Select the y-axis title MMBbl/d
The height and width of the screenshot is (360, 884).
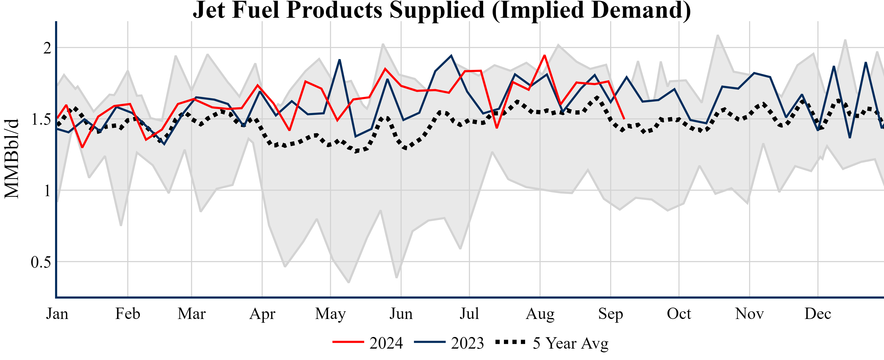[11, 159]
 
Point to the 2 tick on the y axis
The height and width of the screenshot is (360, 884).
[47, 48]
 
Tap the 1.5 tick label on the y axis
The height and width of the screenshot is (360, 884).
[41, 119]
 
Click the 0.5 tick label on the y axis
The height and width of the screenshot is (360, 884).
[41, 262]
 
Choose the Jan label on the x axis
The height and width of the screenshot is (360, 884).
[57, 314]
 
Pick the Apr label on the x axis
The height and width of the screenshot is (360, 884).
[262, 314]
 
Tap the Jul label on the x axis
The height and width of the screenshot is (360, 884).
[469, 314]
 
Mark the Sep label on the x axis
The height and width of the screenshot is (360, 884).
[611, 314]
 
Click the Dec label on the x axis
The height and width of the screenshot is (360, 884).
[818, 314]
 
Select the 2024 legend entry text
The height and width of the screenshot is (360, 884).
[386, 343]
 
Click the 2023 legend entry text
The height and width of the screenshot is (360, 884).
[467, 343]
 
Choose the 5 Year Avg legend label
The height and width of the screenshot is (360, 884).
[570, 343]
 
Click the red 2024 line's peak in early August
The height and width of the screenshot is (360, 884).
[544, 55]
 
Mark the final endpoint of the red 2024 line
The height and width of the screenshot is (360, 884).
[624, 119]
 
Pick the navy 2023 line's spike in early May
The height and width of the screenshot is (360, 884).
[339, 60]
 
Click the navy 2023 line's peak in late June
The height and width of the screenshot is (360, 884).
[451, 56]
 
